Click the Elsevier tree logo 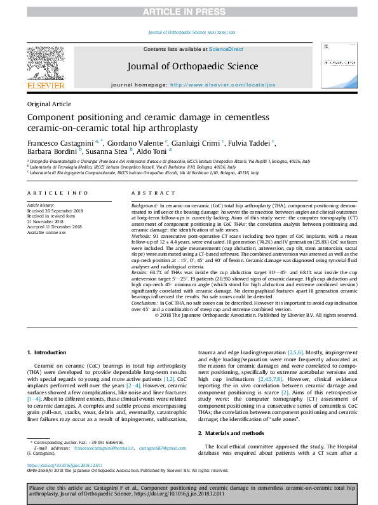[46, 63]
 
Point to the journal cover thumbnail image [335, 66]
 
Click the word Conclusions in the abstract [145, 303]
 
